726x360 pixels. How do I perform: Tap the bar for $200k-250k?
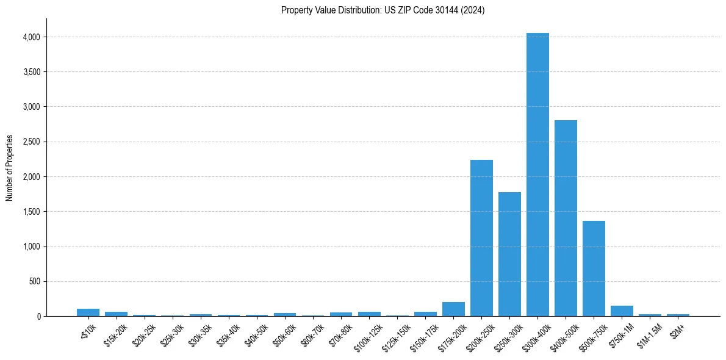[481, 238]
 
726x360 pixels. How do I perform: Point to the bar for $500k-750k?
[594, 268]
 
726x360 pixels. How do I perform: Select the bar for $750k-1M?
[622, 311]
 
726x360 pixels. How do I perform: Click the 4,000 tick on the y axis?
[32, 37]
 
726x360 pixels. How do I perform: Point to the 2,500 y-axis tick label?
[32, 142]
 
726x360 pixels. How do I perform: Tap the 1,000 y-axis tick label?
[32, 247]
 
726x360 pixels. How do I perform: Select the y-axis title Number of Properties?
[10, 168]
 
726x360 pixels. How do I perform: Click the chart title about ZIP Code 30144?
[383, 10]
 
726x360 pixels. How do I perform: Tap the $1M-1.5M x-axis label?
[648, 333]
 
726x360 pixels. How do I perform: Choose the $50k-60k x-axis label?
[284, 333]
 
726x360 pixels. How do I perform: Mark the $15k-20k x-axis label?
[116, 333]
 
